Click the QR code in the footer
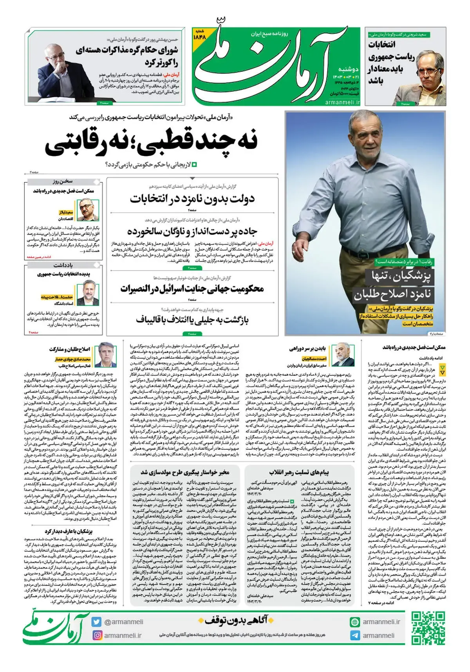428,629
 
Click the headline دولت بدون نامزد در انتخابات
192,199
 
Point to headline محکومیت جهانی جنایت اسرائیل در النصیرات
192,289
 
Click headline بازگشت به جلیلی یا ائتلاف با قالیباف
192,320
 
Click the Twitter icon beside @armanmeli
97,622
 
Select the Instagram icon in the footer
97,635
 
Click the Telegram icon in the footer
355,636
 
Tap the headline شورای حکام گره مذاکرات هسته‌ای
127,50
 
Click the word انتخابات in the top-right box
382,44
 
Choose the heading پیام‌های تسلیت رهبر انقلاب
299,472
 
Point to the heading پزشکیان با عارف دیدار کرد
69,531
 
